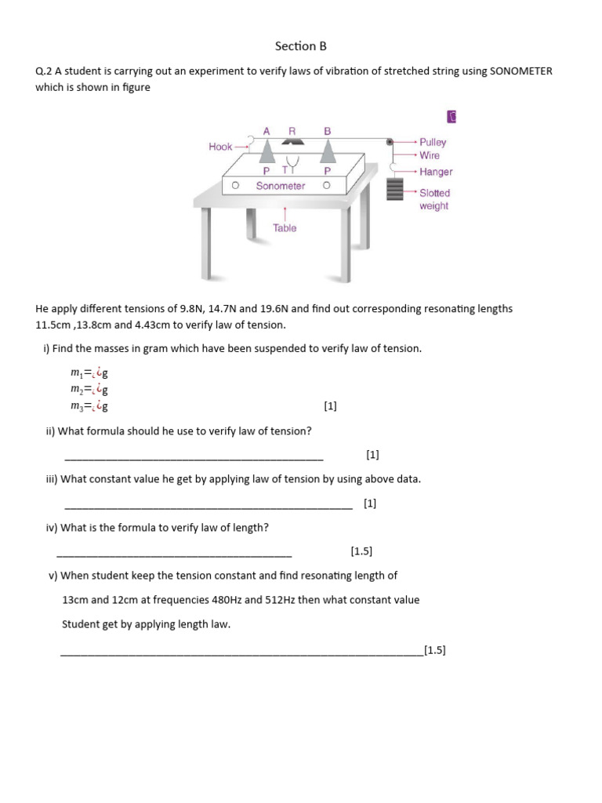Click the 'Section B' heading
coord(300,46)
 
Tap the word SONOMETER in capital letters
coord(520,71)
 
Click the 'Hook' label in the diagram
coord(220,147)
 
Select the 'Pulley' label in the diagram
coord(433,142)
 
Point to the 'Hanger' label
coord(436,172)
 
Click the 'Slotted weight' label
coord(434,199)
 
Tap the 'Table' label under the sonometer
coord(285,228)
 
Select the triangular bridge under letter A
coord(267,147)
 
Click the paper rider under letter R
coord(292,142)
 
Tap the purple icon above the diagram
coord(451,117)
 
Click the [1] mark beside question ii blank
coord(372,454)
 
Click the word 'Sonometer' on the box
coord(280,186)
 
